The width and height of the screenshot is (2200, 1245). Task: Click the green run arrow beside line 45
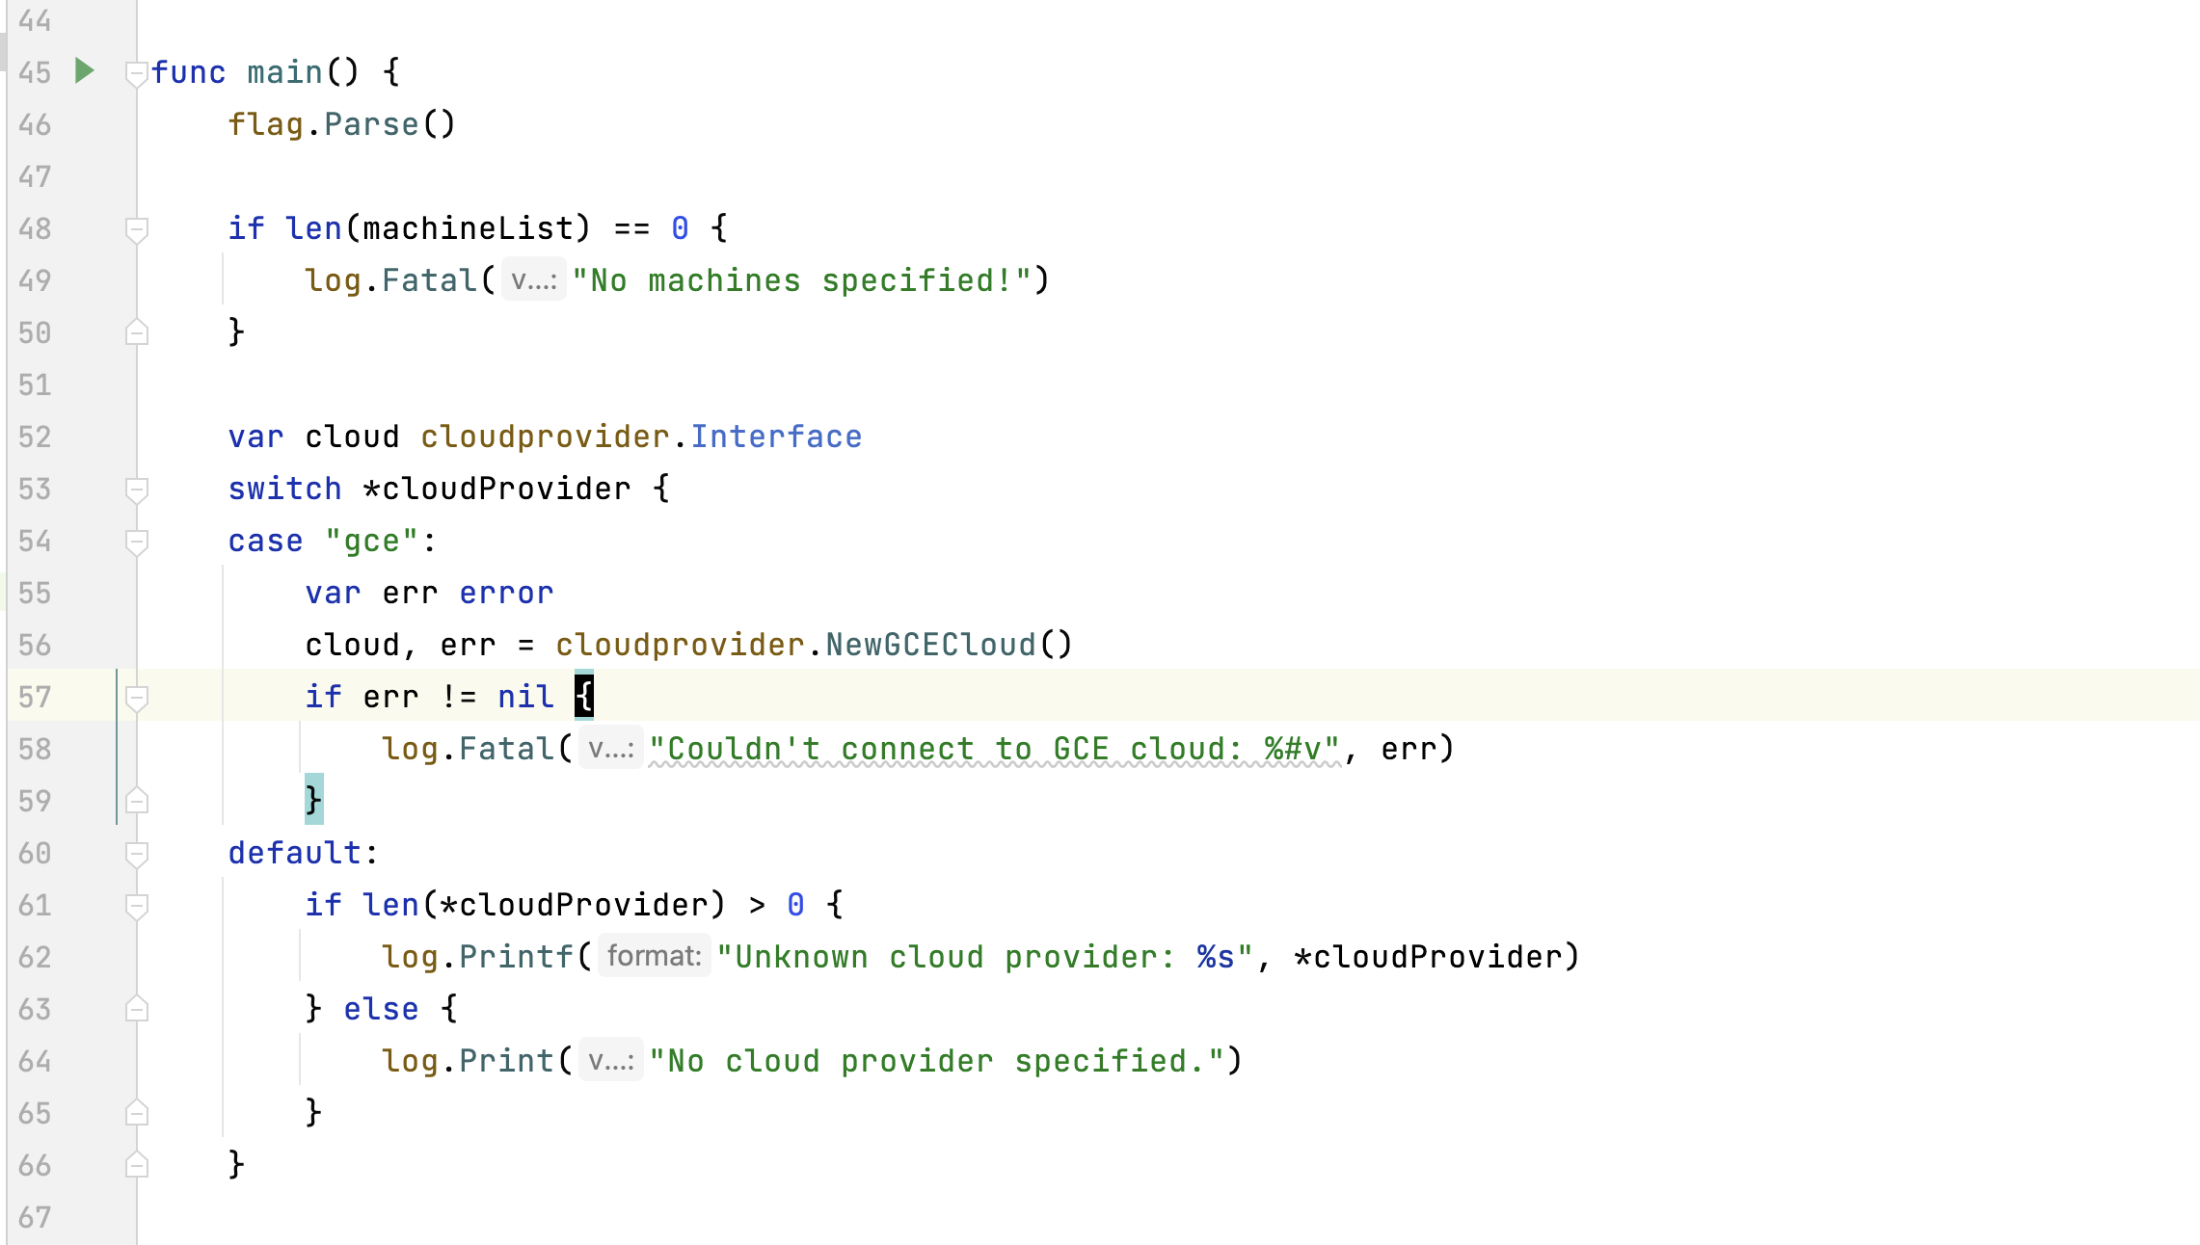[x=85, y=70]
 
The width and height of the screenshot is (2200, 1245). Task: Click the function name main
[x=284, y=72]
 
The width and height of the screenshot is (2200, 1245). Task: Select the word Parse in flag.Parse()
[x=371, y=124]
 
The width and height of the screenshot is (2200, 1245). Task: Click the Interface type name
[x=776, y=437]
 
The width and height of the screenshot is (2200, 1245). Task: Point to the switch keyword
[x=284, y=489]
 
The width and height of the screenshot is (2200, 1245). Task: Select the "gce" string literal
[x=371, y=541]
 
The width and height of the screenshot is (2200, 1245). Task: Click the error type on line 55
[x=506, y=593]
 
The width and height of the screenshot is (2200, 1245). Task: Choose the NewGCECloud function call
[x=930, y=645]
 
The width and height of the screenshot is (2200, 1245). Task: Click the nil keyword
[x=525, y=697]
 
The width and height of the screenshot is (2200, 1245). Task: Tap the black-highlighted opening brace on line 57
[x=584, y=696]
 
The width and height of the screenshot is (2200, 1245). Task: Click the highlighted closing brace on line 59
[x=314, y=800]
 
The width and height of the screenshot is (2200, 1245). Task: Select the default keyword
[x=294, y=853]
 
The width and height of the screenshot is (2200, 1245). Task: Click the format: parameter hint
[x=655, y=956]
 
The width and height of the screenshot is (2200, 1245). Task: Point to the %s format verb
[x=1216, y=957]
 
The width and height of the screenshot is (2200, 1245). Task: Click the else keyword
[x=381, y=1009]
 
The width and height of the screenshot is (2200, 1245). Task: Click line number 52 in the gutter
[x=35, y=437]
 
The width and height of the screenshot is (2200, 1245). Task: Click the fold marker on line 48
[x=137, y=229]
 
